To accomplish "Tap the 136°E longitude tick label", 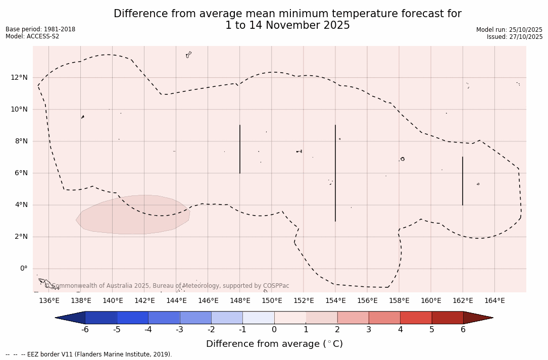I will pos(49,301).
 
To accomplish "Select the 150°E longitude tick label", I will pos(272,301).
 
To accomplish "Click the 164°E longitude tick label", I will pos(494,301).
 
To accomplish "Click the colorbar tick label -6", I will pos(85,330).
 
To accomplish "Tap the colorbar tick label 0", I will pos(274,330).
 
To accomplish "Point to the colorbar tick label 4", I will pos(400,330).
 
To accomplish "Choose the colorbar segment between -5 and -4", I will pos(132,318).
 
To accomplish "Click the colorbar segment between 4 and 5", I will pos(416,318).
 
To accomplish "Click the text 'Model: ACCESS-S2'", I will pos(32,36).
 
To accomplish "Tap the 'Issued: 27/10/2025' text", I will pos(515,37).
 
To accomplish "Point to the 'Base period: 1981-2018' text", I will pos(40,29).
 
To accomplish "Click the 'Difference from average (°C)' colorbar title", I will pos(274,344).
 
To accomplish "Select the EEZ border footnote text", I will pos(89,354).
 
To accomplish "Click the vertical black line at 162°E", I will pos(462,181).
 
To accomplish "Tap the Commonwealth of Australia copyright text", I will pos(167,286).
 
